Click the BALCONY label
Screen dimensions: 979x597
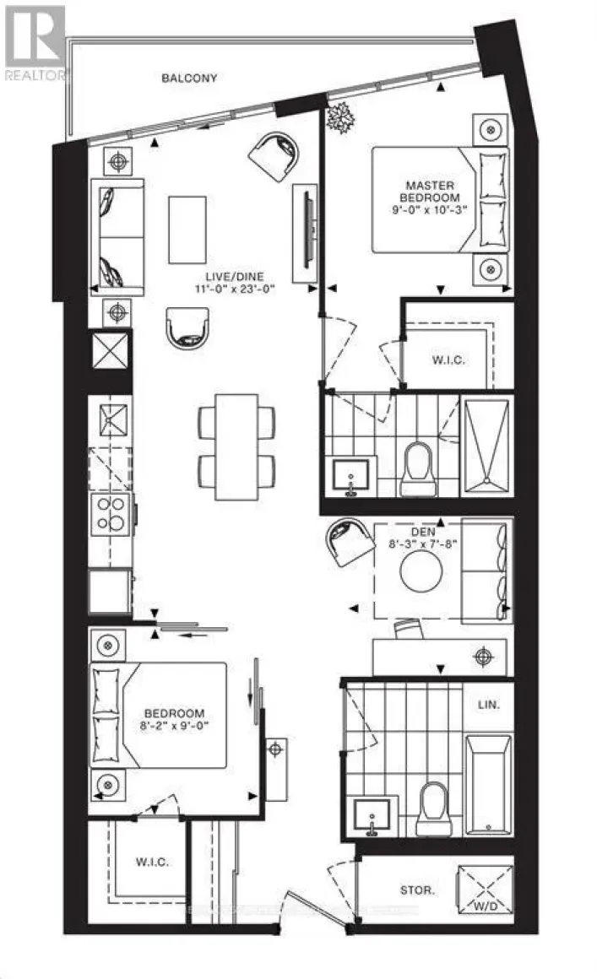[x=190, y=78]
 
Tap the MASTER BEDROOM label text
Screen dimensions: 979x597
[x=430, y=192]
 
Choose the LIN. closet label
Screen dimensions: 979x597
[x=487, y=703]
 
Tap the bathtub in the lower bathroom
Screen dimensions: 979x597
[x=487, y=784]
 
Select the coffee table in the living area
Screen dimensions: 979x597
[x=187, y=230]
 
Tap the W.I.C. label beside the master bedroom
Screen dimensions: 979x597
[x=446, y=360]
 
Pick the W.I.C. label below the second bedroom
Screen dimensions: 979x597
[x=152, y=862]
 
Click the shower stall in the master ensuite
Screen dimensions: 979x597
[x=486, y=442]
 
